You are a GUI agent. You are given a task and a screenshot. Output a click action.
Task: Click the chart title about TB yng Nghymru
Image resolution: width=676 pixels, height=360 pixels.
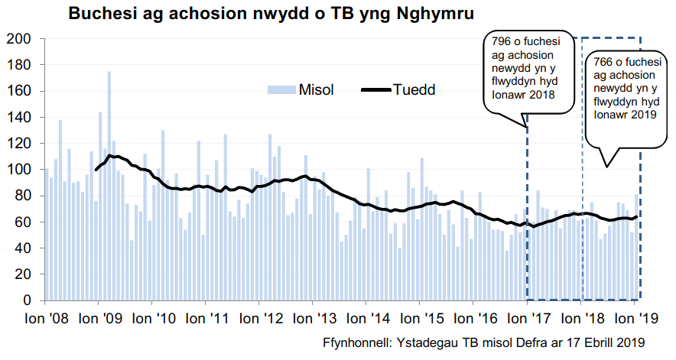(x=270, y=14)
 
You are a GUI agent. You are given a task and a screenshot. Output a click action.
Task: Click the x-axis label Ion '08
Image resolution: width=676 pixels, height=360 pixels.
(x=46, y=317)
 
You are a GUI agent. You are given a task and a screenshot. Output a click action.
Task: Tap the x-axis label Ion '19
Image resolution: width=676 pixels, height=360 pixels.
(x=634, y=317)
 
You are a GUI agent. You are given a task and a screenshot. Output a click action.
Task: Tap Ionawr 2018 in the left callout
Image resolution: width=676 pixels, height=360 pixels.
(x=524, y=95)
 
